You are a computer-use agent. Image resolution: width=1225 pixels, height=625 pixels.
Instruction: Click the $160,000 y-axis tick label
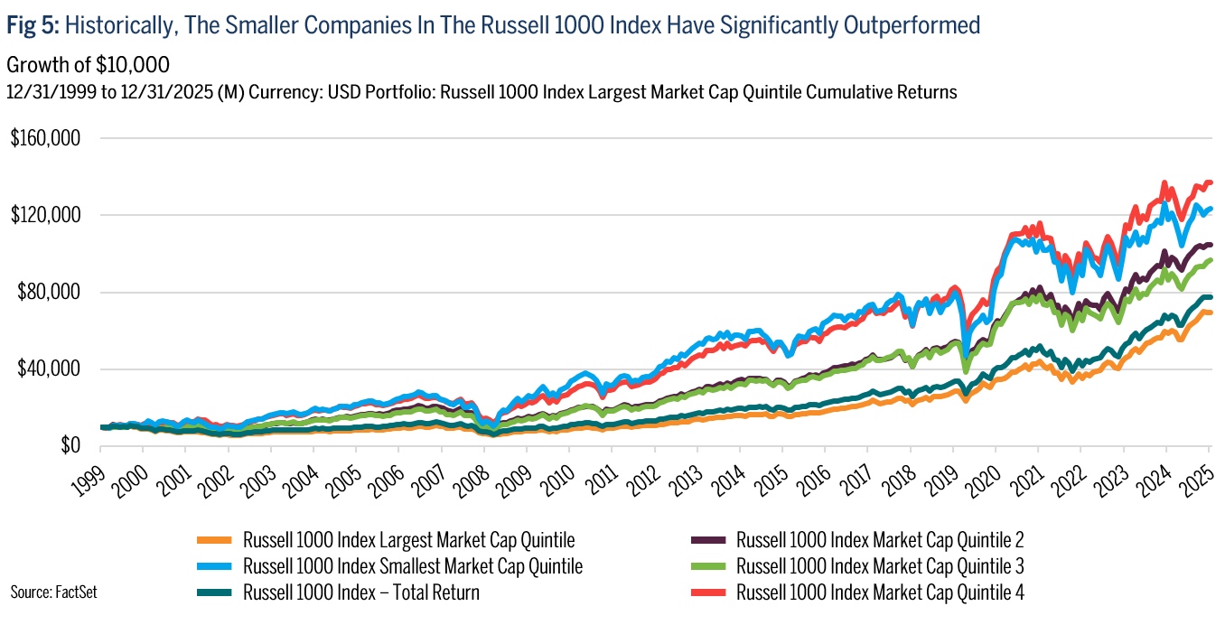pos(44,138)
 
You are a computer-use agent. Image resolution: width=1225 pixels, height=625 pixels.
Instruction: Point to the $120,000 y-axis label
pos(44,215)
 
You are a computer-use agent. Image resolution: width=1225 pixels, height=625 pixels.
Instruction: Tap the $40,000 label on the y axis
pos(47,368)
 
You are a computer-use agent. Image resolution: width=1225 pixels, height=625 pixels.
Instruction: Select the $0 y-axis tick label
pos(70,445)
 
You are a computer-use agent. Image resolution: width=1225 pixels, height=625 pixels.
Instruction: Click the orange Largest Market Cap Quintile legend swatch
pos(216,541)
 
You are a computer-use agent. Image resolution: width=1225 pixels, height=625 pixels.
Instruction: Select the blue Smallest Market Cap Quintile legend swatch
pos(216,567)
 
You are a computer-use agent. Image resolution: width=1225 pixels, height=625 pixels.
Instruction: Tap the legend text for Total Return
pos(361,593)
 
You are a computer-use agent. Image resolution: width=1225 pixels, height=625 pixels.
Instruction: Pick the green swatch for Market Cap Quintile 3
pos(709,567)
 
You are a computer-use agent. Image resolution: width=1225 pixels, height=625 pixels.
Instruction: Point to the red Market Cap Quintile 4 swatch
pos(709,593)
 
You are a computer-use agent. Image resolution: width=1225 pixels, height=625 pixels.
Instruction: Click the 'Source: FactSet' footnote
pos(53,592)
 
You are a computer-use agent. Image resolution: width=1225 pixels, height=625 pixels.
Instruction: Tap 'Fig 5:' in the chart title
pos(33,25)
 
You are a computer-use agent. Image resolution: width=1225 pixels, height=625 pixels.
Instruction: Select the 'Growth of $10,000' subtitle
pos(88,65)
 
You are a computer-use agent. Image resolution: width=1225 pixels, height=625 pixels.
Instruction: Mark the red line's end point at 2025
pos(1210,182)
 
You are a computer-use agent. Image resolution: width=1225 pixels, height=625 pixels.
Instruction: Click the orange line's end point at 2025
pos(1210,312)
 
